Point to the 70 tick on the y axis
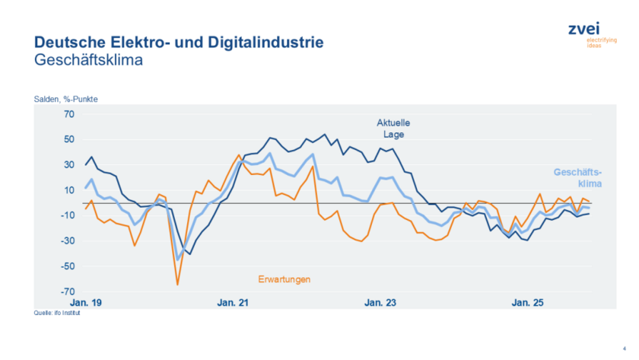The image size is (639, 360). (69, 114)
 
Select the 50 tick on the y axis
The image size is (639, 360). (69, 139)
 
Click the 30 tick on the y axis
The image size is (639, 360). (69, 165)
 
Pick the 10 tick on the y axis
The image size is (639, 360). (69, 190)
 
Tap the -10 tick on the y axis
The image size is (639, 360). (68, 216)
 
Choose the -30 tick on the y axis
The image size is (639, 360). (68, 241)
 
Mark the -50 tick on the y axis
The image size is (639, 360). (68, 266)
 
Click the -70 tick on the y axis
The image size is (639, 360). (68, 292)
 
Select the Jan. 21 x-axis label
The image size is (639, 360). (233, 303)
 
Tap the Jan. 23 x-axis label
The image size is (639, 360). (380, 303)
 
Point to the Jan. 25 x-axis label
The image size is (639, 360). (526, 303)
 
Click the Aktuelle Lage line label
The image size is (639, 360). (394, 128)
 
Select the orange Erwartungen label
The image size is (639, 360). (285, 279)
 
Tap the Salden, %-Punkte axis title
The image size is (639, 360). (66, 99)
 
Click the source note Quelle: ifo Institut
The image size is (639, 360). (57, 312)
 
